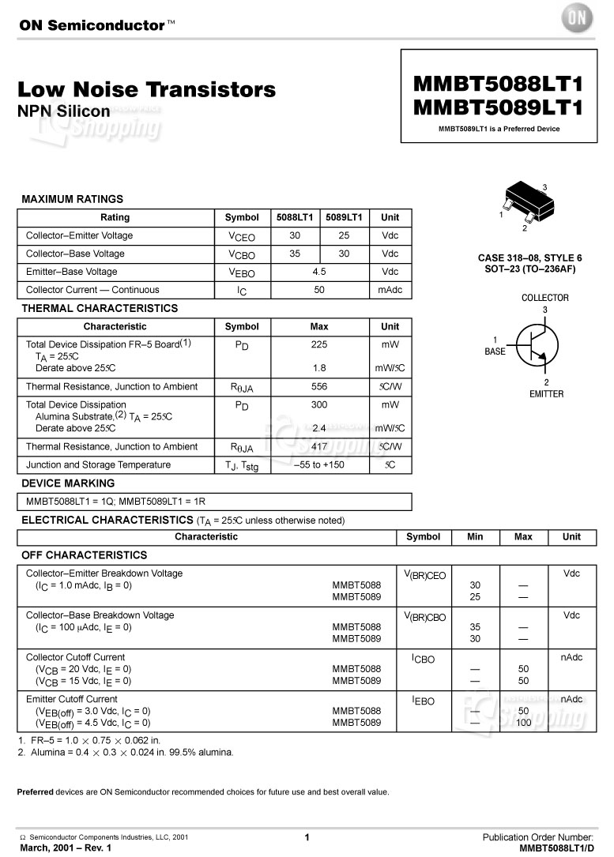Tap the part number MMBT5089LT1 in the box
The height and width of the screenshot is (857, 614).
(x=498, y=107)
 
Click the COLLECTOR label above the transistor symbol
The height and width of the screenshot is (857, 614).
(x=544, y=298)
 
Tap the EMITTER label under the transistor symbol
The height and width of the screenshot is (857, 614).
(x=546, y=393)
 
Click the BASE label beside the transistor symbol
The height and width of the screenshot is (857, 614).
(x=495, y=351)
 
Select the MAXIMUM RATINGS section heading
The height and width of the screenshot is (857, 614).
(x=72, y=199)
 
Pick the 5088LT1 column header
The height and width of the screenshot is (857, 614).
(x=295, y=217)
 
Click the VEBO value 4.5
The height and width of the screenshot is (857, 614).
(x=318, y=272)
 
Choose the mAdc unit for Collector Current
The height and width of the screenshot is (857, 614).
(x=390, y=290)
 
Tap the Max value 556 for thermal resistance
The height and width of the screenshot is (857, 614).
(x=318, y=386)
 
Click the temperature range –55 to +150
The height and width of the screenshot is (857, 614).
(x=318, y=465)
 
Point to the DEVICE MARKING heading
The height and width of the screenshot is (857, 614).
(x=68, y=483)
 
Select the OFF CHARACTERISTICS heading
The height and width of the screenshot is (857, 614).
(x=84, y=554)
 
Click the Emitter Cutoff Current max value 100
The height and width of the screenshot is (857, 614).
(x=523, y=723)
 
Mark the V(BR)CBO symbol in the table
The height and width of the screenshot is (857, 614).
(x=424, y=617)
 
